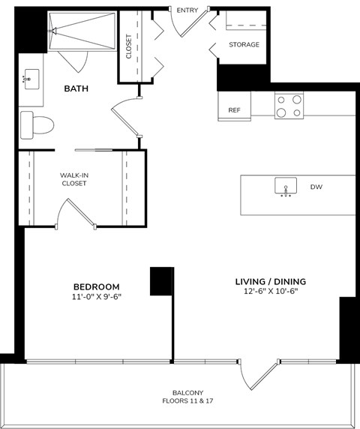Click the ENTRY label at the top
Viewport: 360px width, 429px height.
tap(187, 9)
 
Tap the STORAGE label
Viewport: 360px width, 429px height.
tap(244, 45)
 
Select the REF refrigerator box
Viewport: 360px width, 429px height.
tap(234, 109)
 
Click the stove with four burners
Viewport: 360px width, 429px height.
tap(289, 105)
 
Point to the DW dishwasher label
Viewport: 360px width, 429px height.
tap(316, 186)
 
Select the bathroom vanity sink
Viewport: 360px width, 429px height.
tap(31, 79)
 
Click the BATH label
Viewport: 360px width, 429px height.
tap(76, 88)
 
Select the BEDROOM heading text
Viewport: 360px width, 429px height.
tap(96, 286)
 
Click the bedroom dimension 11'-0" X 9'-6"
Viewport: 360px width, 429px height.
tap(96, 297)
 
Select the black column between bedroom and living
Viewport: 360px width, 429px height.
tap(161, 281)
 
